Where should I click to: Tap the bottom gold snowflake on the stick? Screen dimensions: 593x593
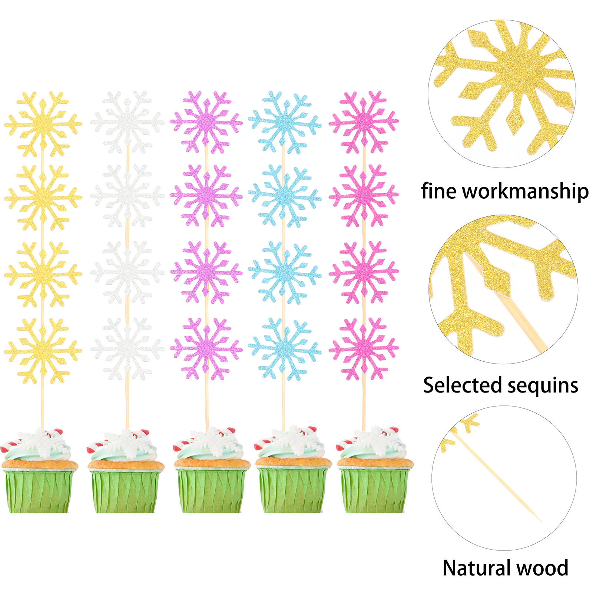pyautogui.click(x=43, y=350)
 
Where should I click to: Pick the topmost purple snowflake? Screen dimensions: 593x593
pyautogui.click(x=206, y=122)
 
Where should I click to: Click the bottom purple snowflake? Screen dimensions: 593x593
pyautogui.click(x=206, y=348)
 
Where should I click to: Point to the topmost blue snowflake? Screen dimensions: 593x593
pyautogui.click(x=284, y=122)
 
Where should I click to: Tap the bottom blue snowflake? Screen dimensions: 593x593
pyautogui.click(x=284, y=348)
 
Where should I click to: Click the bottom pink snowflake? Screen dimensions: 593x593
pyautogui.click(x=364, y=348)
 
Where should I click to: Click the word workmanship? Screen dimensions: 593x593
pyautogui.click(x=525, y=191)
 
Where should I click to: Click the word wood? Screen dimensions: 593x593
pyautogui.click(x=544, y=568)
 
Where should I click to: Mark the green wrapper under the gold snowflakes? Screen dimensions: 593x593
pyautogui.click(x=39, y=491)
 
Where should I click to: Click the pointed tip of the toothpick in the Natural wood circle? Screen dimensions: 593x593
pyautogui.click(x=541, y=521)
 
